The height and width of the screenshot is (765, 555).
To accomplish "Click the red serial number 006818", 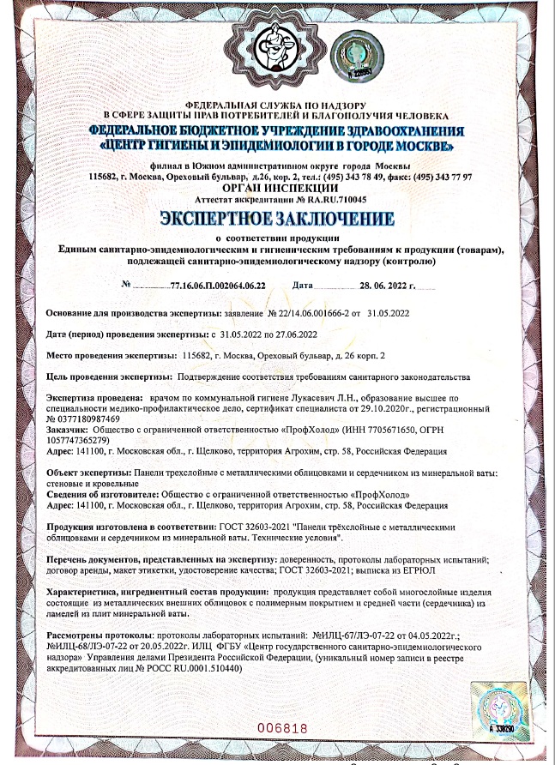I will (282, 728).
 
